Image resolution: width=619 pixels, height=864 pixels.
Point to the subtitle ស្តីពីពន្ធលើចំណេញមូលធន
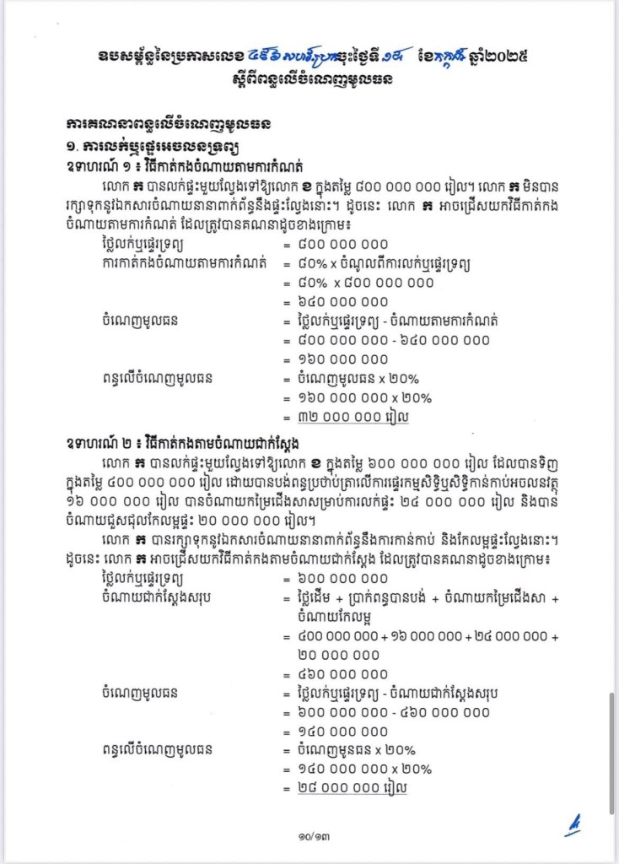coord(309,80)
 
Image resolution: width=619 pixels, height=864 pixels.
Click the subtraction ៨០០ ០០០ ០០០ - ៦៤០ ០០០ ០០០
coord(394,340)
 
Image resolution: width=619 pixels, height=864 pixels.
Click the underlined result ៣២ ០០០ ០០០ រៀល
coord(353,416)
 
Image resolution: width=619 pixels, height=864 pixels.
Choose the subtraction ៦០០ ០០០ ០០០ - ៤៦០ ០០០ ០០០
coord(394,712)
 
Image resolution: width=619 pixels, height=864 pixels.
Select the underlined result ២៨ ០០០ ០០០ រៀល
coord(353,787)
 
